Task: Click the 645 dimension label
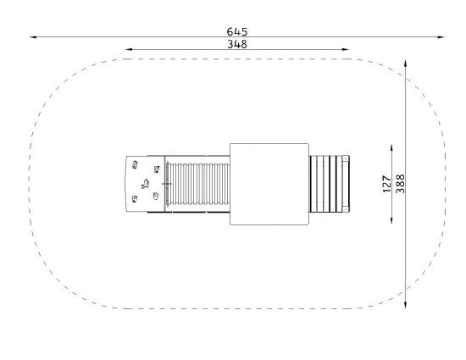coord(237,31)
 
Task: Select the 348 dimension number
coord(237,44)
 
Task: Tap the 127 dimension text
coord(386,184)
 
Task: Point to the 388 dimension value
coord(400,184)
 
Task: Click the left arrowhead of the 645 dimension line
coord(33,37)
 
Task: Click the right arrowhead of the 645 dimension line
coord(441,37)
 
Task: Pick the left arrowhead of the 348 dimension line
coord(128,49)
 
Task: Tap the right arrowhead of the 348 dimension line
coord(346,49)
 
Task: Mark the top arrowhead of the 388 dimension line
coord(405,64)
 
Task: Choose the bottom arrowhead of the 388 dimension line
coord(405,305)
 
